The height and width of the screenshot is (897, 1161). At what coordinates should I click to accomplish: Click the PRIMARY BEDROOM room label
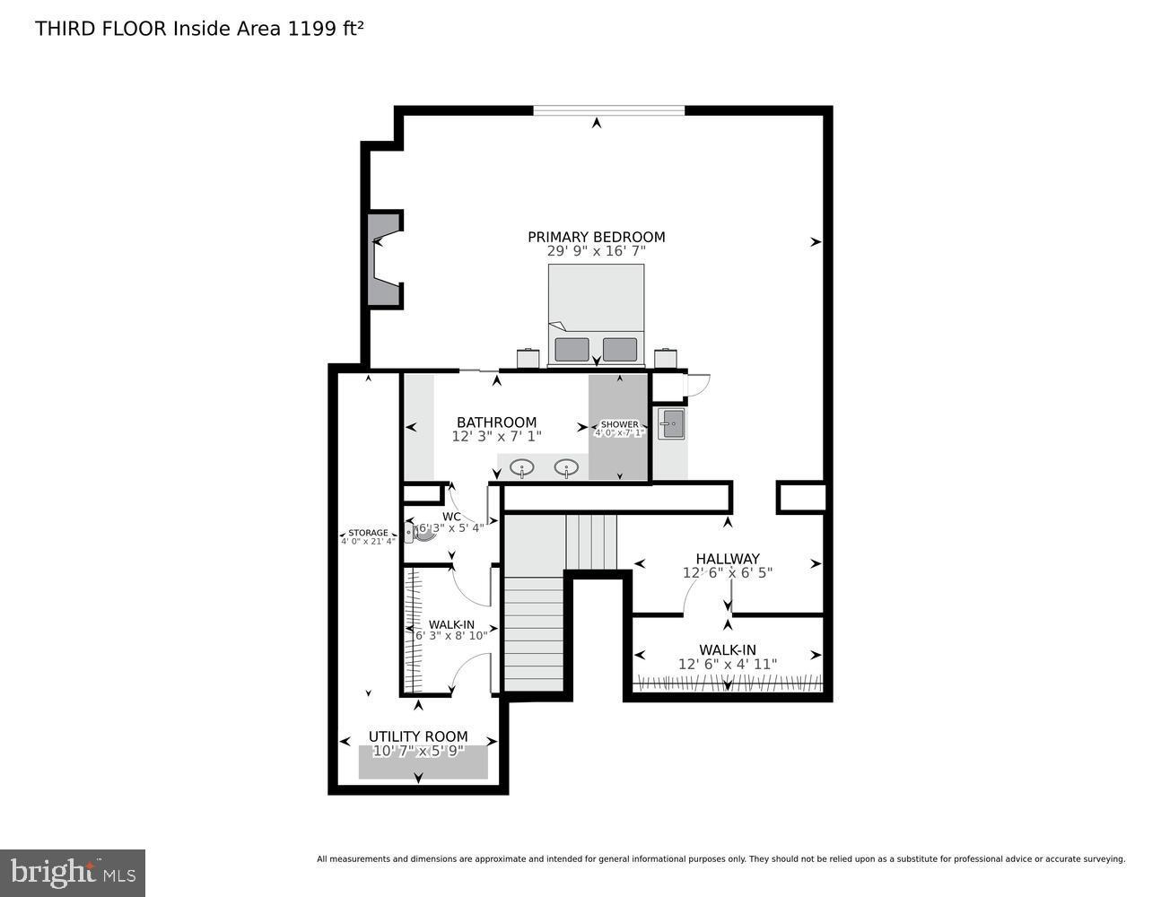click(x=596, y=237)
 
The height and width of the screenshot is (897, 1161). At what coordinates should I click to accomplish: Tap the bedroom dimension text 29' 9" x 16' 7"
click(x=596, y=252)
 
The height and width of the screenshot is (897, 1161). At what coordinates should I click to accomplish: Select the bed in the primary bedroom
click(x=596, y=314)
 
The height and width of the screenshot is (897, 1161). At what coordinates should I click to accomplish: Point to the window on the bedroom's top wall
click(x=608, y=110)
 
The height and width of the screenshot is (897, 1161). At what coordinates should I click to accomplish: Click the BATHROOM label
click(x=496, y=422)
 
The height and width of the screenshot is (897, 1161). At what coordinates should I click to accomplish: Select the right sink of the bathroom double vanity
click(x=566, y=466)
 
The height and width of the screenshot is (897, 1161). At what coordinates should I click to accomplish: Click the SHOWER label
click(x=619, y=424)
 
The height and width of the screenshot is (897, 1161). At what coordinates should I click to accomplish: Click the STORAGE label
click(x=368, y=533)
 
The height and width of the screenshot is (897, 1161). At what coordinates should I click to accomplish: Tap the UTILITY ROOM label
click(x=418, y=736)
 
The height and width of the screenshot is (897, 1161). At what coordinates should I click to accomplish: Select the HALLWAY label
click(x=728, y=559)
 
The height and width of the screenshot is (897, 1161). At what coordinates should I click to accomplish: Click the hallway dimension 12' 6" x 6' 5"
click(x=728, y=573)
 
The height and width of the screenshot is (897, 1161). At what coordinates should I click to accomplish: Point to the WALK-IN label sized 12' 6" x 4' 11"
click(x=728, y=650)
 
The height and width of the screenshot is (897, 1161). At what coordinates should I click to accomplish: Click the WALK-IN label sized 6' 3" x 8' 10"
click(x=451, y=625)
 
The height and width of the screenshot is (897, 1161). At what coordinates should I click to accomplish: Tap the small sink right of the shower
click(x=670, y=424)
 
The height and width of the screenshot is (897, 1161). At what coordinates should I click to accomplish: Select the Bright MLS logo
click(x=73, y=872)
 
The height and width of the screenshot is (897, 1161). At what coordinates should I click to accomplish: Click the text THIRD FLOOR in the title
click(x=100, y=29)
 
